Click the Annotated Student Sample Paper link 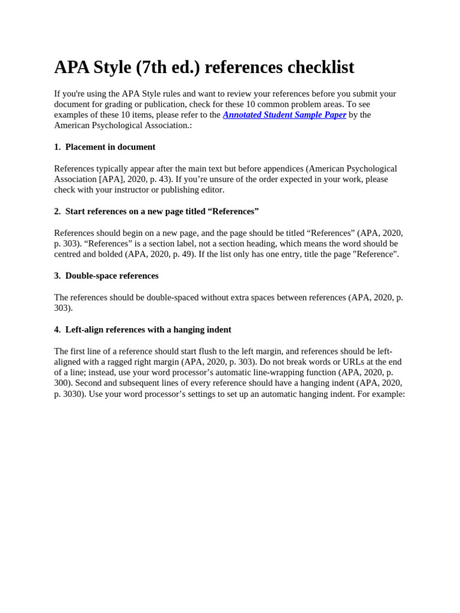pos(285,115)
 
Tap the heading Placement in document pos(110,147)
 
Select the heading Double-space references pos(112,276)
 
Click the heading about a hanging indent pos(148,330)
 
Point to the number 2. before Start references pos(57,211)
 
